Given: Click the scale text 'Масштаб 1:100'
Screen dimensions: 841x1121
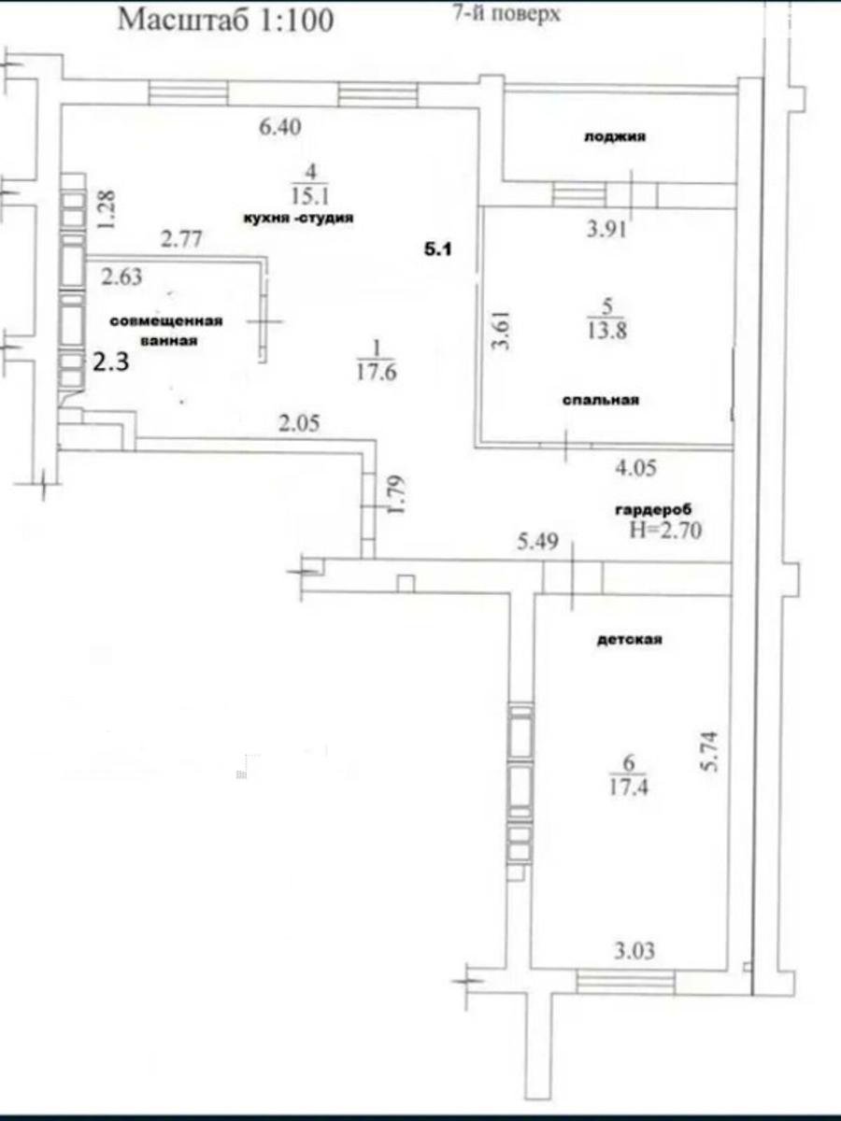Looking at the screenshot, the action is tap(226, 21).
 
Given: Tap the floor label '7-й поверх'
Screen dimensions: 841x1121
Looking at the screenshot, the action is tap(507, 13).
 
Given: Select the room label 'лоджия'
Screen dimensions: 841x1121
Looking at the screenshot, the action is tap(615, 137).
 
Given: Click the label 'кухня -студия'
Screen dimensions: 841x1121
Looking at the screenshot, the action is tap(299, 218).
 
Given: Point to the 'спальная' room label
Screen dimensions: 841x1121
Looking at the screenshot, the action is tap(601, 400).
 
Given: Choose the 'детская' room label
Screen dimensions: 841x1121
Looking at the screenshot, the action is tap(630, 639).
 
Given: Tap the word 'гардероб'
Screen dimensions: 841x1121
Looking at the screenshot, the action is tap(653, 510).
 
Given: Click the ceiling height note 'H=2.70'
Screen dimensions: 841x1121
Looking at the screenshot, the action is tap(666, 531).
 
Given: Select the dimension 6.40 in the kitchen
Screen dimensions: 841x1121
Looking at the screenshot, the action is tap(279, 127).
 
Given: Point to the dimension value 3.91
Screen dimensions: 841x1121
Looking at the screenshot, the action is tap(606, 229).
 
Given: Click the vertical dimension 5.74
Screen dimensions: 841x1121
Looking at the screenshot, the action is tap(711, 751).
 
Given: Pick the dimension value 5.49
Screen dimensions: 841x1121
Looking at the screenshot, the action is tap(537, 541).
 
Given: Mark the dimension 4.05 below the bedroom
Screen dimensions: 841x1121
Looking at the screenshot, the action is tap(635, 468).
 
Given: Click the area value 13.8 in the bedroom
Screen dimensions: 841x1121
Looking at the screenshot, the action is tap(606, 331).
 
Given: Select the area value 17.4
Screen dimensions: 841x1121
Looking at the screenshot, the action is tap(629, 787).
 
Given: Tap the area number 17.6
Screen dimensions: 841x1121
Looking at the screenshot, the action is tap(377, 373).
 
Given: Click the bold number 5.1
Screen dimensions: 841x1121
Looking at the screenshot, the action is tap(438, 249).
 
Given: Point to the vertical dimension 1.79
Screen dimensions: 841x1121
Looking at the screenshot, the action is tap(397, 495).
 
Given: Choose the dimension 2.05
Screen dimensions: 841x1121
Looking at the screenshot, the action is tap(299, 423).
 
